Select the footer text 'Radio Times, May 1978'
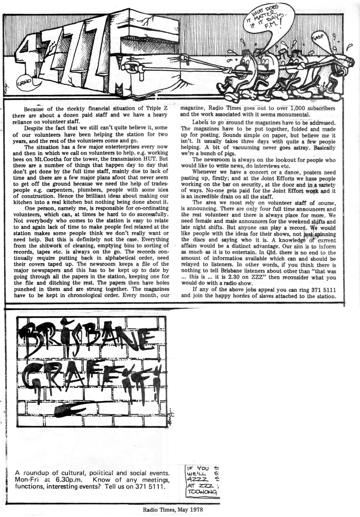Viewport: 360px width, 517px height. click(171, 509)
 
